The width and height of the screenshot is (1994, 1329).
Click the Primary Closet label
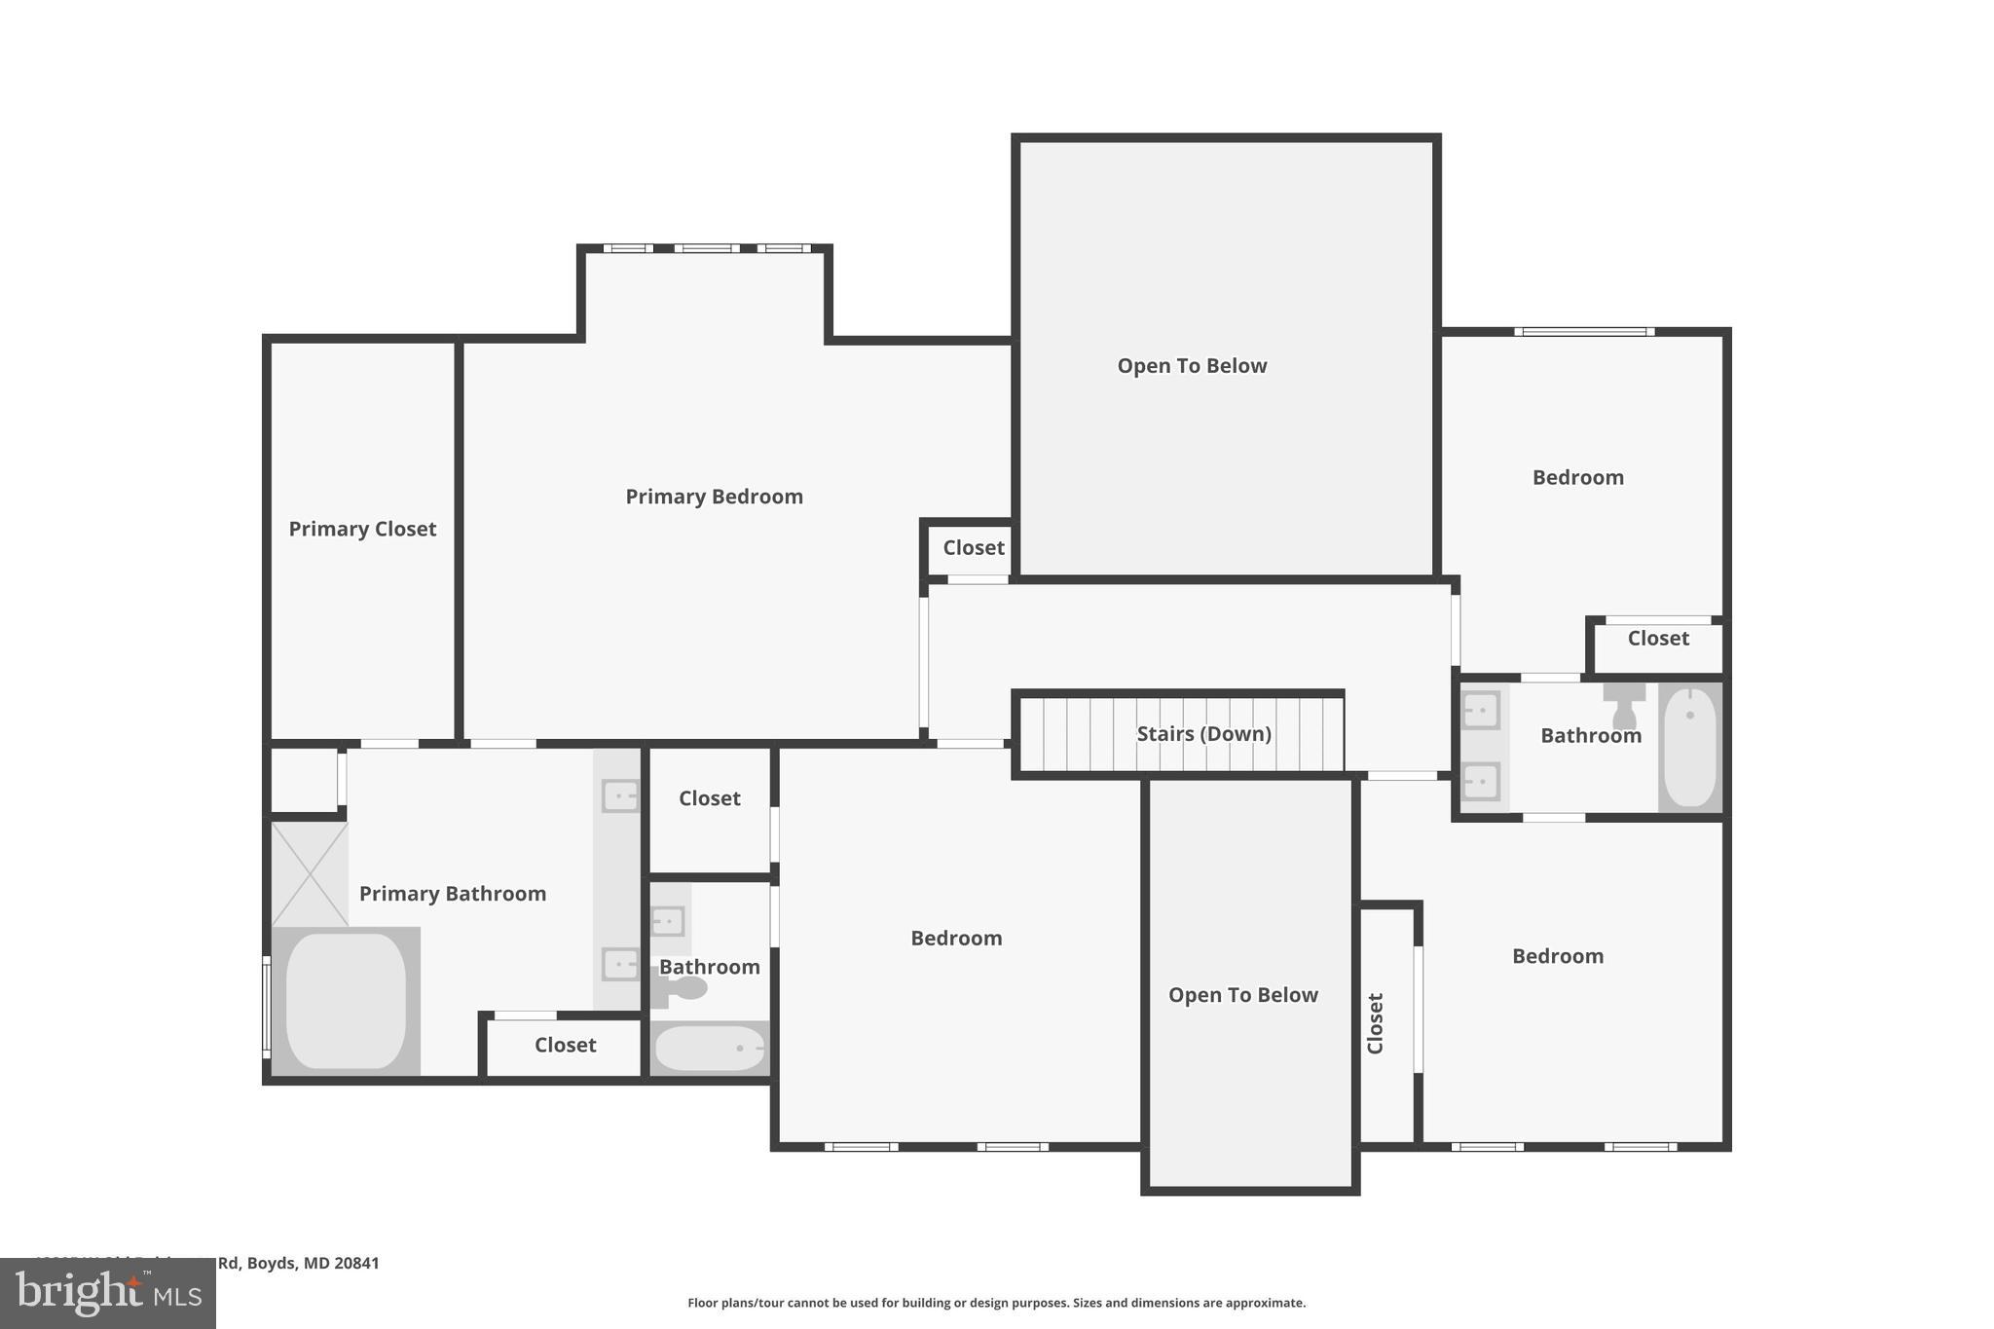coord(362,529)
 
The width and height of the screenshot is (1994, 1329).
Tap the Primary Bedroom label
coord(714,497)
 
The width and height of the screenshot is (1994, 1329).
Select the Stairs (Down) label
coord(1203,734)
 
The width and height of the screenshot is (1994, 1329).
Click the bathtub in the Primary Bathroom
coord(346,1001)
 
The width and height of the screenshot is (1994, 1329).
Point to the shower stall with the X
coord(310,873)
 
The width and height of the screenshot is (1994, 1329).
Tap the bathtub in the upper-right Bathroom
coord(1690,747)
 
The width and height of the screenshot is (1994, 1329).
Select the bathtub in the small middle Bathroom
coord(710,1049)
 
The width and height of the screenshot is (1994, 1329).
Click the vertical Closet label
coord(1375,1023)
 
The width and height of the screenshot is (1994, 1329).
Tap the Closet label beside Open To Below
coord(973,548)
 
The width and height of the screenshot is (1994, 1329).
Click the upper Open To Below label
coord(1192,366)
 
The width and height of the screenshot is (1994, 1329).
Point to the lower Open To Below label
coord(1242,995)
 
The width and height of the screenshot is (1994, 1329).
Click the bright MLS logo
coord(108,1293)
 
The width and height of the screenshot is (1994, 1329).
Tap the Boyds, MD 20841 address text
coord(298,1263)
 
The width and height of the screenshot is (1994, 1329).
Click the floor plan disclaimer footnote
coord(996,1303)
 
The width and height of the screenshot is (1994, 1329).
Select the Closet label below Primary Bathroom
coord(565,1045)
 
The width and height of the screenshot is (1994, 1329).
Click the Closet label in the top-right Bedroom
coord(1657,639)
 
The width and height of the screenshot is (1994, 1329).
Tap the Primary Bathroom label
coord(453,894)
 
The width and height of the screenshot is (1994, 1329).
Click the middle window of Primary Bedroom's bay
coord(707,248)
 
